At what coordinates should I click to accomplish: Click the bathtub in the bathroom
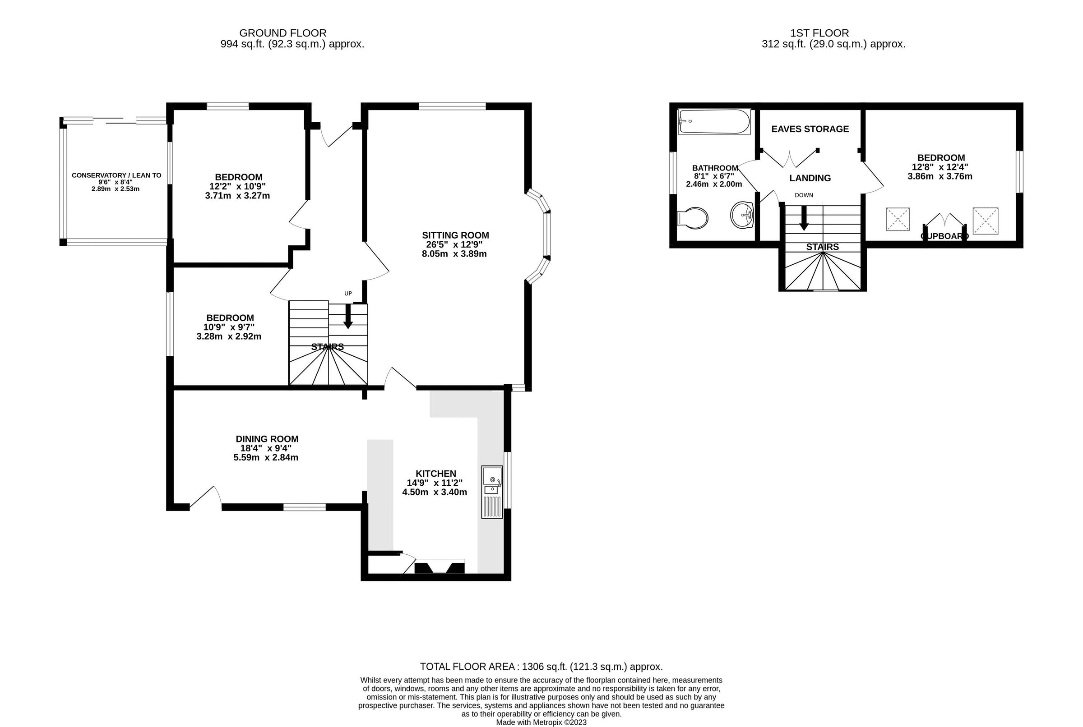(x=713, y=121)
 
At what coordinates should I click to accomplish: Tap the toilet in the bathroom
(x=694, y=218)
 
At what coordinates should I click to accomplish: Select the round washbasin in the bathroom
(x=742, y=215)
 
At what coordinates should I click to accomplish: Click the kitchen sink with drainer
(x=492, y=492)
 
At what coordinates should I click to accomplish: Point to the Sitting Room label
(x=455, y=235)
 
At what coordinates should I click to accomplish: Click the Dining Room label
(x=267, y=439)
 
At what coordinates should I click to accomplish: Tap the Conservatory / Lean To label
(x=116, y=175)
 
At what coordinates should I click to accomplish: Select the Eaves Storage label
(x=810, y=129)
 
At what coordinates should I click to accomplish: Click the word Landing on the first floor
(x=810, y=178)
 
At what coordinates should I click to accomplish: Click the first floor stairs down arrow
(x=804, y=218)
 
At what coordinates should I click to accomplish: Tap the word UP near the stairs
(x=348, y=294)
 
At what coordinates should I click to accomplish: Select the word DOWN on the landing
(x=803, y=195)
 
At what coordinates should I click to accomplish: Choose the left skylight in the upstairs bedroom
(x=898, y=219)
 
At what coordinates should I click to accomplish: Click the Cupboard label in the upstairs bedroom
(x=944, y=236)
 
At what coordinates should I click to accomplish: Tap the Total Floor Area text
(x=541, y=667)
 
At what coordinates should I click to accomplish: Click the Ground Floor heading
(x=282, y=33)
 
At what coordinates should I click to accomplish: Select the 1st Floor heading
(x=819, y=33)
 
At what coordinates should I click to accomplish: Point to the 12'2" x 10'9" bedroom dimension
(x=237, y=186)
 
